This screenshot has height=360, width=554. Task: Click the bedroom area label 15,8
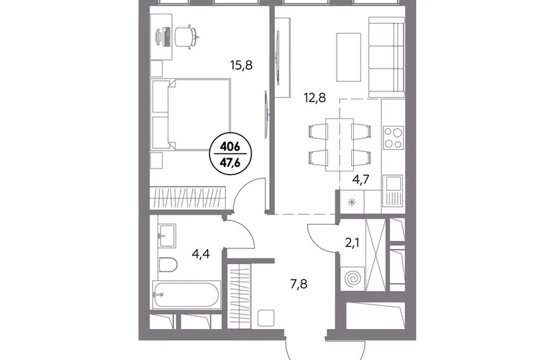coord(241,66)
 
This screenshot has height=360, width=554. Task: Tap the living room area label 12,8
coord(314,97)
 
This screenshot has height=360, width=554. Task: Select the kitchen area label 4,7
coord(360,180)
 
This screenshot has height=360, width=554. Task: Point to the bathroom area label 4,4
coord(201,253)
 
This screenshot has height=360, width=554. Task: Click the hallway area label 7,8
coord(299,284)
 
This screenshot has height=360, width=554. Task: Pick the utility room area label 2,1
coord(352,243)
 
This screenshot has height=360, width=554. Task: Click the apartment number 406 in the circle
coord(230,146)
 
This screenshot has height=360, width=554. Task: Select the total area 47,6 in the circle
coord(230,162)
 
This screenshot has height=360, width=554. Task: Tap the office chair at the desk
coord(186,37)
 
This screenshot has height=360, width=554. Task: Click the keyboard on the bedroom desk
coord(168,37)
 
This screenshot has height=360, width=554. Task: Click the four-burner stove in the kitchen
coord(394,138)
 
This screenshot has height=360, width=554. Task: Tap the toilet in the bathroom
coord(168,264)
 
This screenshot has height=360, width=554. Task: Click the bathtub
coord(186,294)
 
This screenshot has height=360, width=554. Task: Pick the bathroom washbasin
coord(166,235)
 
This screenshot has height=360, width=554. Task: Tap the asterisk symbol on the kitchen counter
coord(352,202)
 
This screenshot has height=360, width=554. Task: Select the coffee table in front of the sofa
coord(349,58)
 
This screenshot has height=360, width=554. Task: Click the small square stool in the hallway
coord(266,318)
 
